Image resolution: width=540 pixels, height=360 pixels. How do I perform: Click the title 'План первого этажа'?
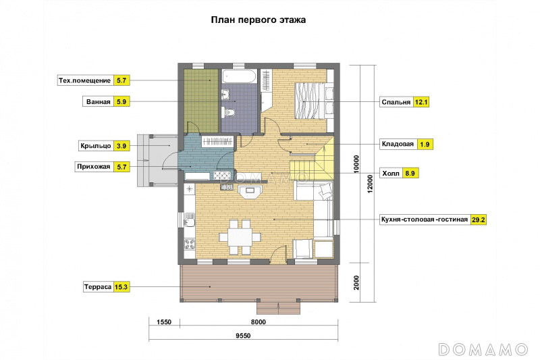coord(259,20)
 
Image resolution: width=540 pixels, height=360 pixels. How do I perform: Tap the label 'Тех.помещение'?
coord(85,80)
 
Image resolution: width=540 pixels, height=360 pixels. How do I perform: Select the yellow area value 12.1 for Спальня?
coord(421,102)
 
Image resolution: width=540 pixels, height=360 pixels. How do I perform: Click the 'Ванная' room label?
coord(99,101)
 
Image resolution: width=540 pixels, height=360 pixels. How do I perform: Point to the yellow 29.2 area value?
coord(479,220)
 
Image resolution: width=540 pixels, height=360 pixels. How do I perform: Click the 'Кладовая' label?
coord(398,144)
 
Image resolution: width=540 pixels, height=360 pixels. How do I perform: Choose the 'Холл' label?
coord(391,174)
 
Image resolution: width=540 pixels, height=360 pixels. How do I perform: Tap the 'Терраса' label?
coord(98,287)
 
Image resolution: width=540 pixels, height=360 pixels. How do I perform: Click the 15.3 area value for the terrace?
coord(122,287)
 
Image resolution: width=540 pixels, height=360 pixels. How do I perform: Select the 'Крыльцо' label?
coord(96,146)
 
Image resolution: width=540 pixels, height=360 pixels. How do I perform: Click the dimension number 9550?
coord(243,336)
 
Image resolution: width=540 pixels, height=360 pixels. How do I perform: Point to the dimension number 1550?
coord(164,322)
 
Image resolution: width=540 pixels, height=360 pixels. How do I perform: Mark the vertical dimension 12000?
coord(370,184)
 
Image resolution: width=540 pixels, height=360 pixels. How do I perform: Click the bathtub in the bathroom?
coord(239,76)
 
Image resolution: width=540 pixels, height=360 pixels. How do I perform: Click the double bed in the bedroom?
coord(314,101)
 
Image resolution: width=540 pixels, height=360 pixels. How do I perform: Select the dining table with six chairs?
coord(240,237)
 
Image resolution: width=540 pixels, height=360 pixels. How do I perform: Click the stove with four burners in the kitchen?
coord(190,244)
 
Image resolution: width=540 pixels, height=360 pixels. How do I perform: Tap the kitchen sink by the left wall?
coord(190,220)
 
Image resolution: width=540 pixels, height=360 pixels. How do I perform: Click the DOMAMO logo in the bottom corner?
coord(483,349)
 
